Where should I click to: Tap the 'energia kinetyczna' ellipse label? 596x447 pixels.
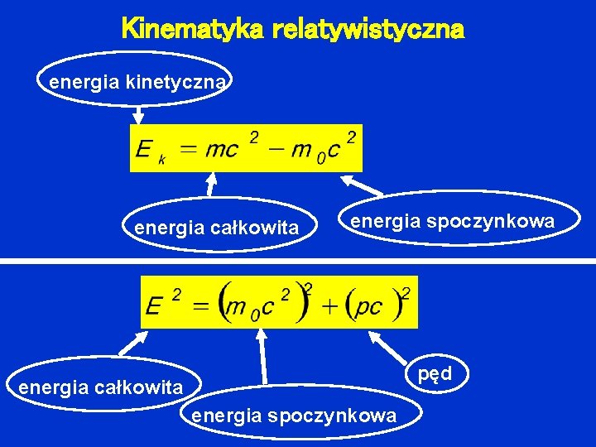pyautogui.click(x=137, y=82)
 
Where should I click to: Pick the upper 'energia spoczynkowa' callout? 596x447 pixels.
pyautogui.click(x=451, y=221)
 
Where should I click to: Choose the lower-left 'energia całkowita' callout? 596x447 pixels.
pyautogui.click(x=100, y=387)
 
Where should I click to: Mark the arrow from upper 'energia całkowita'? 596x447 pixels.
pyautogui.click(x=211, y=185)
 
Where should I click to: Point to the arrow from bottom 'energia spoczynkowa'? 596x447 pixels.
pyautogui.click(x=262, y=356)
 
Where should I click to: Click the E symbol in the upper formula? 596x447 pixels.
pyautogui.click(x=143, y=150)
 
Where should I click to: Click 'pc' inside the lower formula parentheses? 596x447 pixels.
pyautogui.click(x=367, y=307)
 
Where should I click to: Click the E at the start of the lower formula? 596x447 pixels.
pyautogui.click(x=153, y=307)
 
